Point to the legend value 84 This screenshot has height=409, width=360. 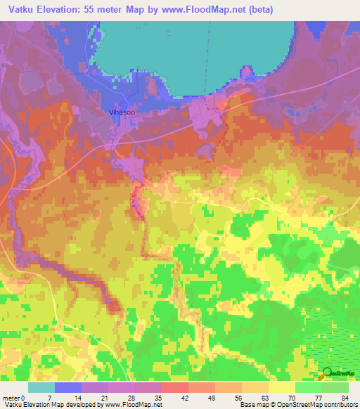pos(345,398)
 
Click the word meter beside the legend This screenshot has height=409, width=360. pos(11,398)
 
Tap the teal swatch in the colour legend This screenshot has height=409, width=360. pos(41,387)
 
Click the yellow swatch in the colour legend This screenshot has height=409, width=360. pos(281,387)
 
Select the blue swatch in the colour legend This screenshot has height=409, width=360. pos(68,387)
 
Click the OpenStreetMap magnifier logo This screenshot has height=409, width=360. pos(327,375)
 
